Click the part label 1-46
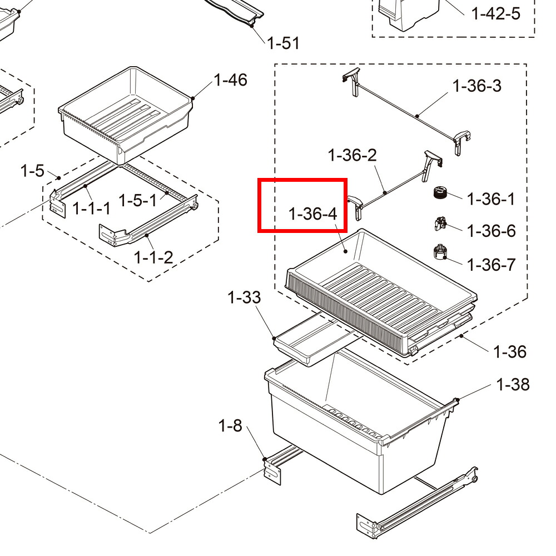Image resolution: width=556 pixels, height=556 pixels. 231,80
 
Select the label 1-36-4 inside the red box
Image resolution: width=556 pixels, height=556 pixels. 312,214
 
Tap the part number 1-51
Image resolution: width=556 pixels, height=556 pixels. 283,43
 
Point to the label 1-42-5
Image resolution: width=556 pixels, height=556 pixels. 496,14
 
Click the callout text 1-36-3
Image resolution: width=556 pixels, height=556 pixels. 477,86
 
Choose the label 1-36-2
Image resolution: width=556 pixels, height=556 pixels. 352,155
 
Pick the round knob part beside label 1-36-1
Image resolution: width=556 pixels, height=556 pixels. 440,193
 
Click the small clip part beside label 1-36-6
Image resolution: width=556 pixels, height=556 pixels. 440,224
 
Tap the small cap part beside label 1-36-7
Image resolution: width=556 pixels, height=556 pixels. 440,252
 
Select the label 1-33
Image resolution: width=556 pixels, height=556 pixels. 244,297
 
